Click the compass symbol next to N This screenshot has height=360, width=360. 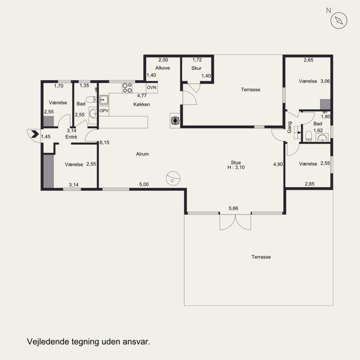click(339, 20)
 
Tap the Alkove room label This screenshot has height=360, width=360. click(162, 68)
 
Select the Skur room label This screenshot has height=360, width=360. click(196, 68)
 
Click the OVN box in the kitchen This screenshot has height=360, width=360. click(152, 87)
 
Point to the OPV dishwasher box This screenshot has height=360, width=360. click(104, 111)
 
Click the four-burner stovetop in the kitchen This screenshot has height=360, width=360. click(127, 88)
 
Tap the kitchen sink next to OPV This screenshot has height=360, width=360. click(104, 99)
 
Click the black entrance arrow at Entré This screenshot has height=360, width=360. click(35, 134)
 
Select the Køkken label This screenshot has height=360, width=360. click(142, 104)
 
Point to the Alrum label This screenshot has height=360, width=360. click(142, 154)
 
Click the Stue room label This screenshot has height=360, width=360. click(236, 162)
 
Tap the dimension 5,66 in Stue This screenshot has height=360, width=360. click(233, 208)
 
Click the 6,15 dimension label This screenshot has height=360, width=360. click(104, 143)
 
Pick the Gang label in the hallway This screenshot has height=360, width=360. click(289, 127)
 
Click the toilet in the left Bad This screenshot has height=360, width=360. click(91, 99)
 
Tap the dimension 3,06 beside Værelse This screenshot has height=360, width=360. click(325, 81)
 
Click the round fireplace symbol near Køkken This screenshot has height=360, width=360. click(175, 120)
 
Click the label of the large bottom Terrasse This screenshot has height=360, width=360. click(261, 257)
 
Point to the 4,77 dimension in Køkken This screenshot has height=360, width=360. click(142, 96)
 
